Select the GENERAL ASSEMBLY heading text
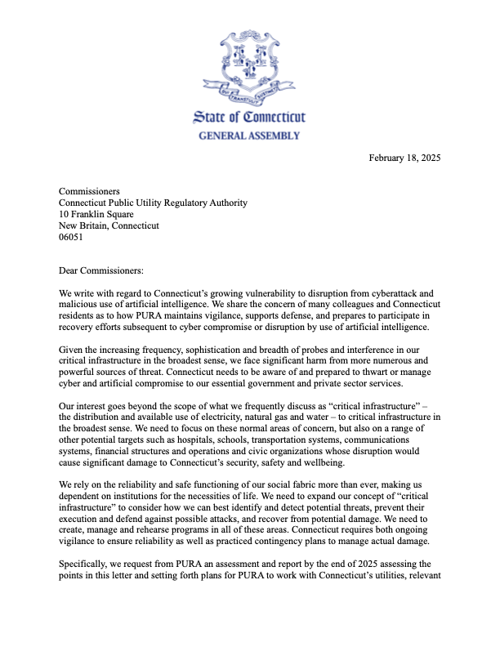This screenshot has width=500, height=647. click(249, 136)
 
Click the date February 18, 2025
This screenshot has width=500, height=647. click(405, 157)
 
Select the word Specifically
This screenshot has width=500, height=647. click(87, 566)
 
